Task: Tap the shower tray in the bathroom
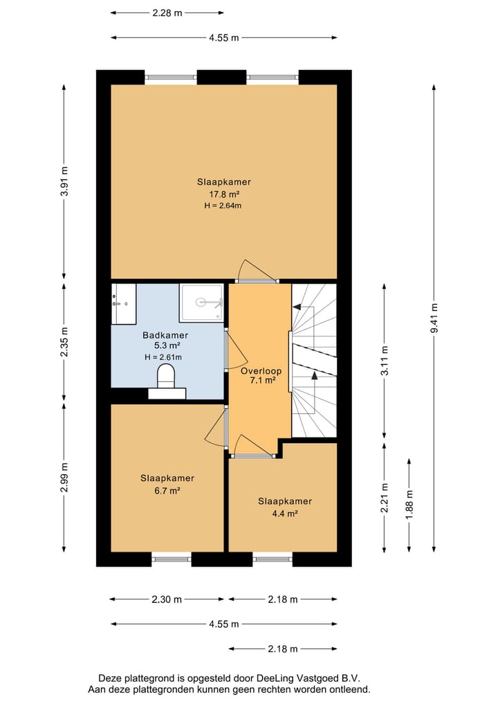point(201,303)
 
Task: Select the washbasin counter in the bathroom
point(123,303)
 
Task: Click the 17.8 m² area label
point(224,195)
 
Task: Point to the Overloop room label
point(261,371)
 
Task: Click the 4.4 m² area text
point(285,514)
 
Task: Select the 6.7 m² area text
point(167,490)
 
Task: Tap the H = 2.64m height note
point(223,206)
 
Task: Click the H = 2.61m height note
point(163,357)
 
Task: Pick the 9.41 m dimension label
point(434,318)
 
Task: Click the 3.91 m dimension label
point(64,181)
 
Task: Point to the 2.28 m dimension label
point(167,13)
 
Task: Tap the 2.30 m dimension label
point(167,599)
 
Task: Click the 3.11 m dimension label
point(385,361)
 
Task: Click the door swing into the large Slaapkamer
point(256,272)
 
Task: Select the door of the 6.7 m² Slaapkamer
point(216,429)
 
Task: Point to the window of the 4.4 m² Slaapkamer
point(273,559)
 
